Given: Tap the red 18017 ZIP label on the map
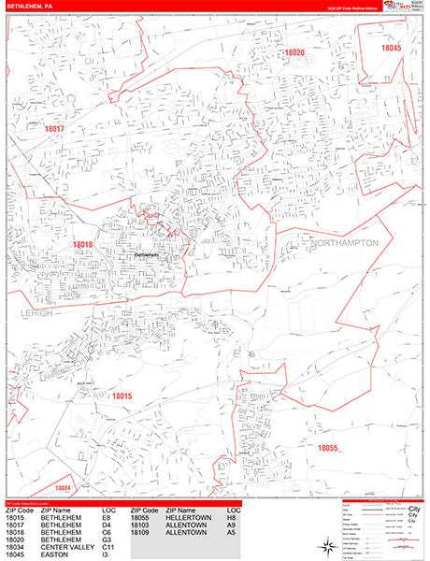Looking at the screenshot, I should click(x=54, y=129).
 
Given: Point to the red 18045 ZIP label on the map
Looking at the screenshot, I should click(x=391, y=48).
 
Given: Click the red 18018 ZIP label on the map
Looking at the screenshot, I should click(x=82, y=245).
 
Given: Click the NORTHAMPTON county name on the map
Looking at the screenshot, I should click(x=345, y=243).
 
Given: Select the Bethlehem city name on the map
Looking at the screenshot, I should click(x=148, y=254).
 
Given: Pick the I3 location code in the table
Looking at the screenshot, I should click(x=105, y=554).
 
